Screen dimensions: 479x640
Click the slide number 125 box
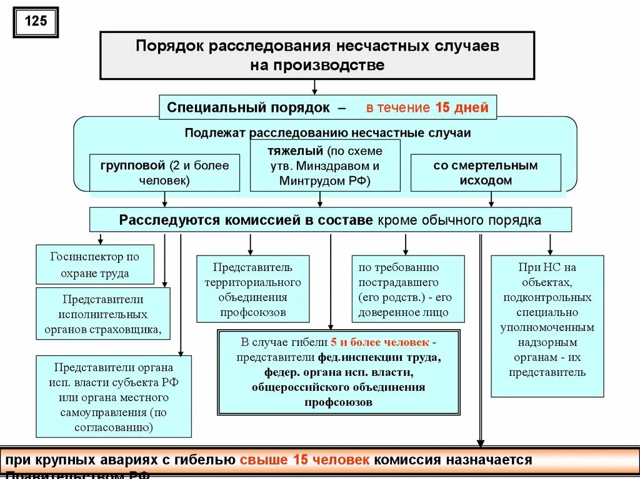36,22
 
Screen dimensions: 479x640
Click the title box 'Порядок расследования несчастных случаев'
317,56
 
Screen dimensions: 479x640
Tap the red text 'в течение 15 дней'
427,107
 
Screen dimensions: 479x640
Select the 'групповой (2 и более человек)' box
164,173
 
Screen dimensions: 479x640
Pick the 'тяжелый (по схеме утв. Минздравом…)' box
325,166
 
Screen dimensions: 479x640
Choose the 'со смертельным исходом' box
486,173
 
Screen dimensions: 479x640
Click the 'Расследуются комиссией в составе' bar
330,220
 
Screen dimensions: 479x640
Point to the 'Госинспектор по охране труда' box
95,265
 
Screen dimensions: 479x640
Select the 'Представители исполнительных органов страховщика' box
102,314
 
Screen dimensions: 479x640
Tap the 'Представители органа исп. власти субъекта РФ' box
114,397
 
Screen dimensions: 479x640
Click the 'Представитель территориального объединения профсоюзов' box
252,289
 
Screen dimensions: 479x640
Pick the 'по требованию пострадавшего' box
407,289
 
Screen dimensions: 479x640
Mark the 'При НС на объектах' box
547,326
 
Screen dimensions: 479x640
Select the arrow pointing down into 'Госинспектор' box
100,239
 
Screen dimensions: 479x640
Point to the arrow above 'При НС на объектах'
550,244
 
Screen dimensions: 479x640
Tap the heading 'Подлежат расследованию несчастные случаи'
327,133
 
